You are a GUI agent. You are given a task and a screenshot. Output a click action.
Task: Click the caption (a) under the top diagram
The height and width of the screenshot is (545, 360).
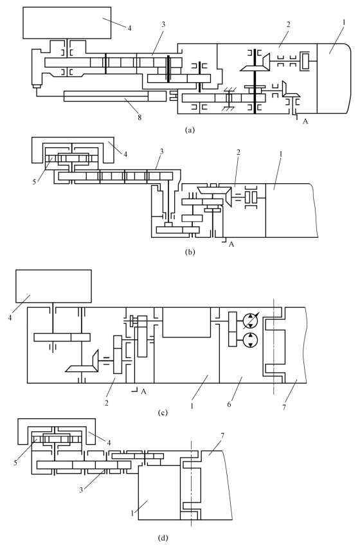click(x=190, y=130)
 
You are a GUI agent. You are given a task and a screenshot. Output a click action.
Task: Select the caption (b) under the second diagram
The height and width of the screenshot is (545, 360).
click(x=190, y=252)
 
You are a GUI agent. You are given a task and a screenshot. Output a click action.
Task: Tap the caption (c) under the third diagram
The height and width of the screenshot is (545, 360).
click(x=163, y=413)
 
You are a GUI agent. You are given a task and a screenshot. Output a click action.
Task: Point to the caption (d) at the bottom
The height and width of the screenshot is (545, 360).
click(x=163, y=538)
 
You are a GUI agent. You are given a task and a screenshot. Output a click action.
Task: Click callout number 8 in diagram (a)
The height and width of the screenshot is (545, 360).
click(x=139, y=118)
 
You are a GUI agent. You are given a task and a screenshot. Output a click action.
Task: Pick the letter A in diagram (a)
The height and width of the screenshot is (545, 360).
click(x=305, y=121)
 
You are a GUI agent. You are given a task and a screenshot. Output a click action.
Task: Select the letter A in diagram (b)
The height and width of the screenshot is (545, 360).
click(x=231, y=244)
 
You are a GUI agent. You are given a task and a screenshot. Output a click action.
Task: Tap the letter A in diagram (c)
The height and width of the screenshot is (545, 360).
click(x=143, y=392)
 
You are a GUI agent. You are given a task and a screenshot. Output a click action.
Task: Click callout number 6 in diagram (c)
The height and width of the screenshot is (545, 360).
click(x=229, y=404)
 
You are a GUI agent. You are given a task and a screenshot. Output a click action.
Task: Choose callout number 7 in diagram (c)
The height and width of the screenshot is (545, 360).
click(x=284, y=407)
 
